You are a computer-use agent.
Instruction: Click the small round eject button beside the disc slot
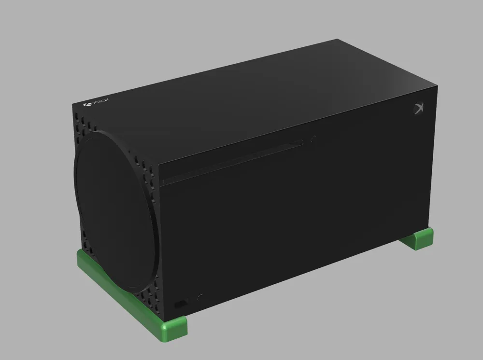coord(314,138)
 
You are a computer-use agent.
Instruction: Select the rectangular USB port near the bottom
coord(181,304)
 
